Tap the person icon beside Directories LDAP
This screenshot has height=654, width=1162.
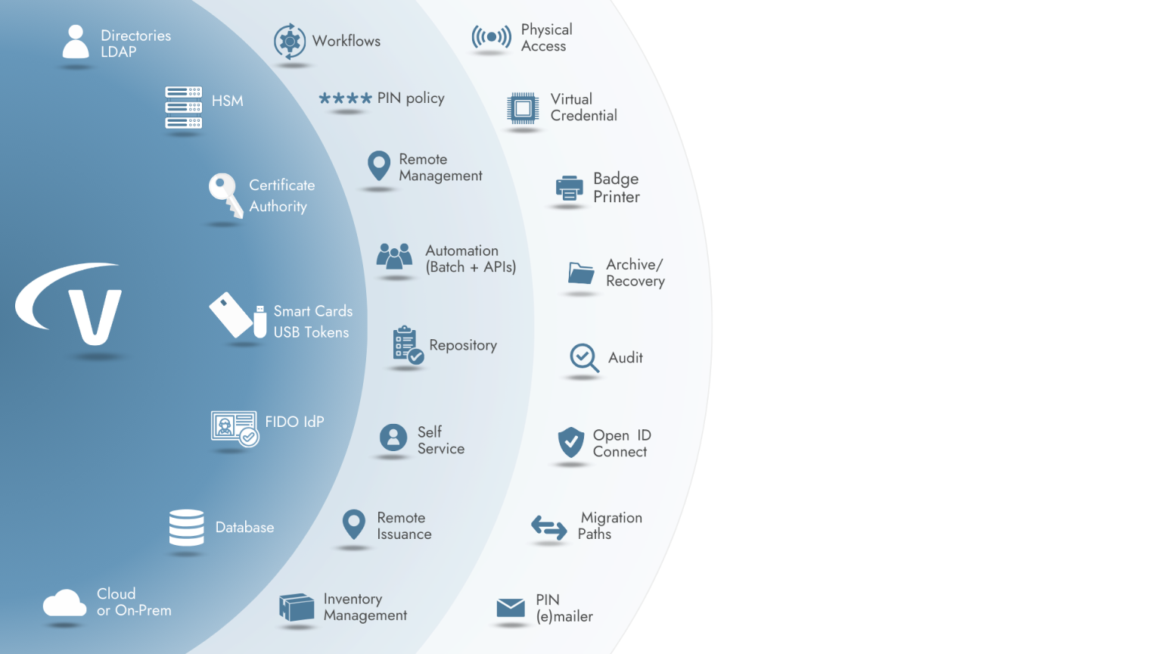75,42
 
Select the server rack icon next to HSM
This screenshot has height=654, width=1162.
184,107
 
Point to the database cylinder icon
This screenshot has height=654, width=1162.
186,528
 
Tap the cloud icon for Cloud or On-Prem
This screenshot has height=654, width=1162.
64,603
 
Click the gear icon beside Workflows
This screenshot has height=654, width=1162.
289,41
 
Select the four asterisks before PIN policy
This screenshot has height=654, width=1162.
345,98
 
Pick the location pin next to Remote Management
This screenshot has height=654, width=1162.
378,166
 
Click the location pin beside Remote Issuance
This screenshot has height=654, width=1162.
353,524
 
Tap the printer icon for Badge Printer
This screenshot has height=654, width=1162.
569,188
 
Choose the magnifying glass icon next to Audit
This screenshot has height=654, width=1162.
584,357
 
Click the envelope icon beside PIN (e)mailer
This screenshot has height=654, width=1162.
511,608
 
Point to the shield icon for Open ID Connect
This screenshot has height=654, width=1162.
570,442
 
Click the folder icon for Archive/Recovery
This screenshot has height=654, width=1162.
581,272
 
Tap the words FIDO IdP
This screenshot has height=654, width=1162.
294,422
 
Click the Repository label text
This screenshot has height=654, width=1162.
463,345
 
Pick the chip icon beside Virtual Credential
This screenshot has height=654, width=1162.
522,108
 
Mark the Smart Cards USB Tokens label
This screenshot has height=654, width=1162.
312,322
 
